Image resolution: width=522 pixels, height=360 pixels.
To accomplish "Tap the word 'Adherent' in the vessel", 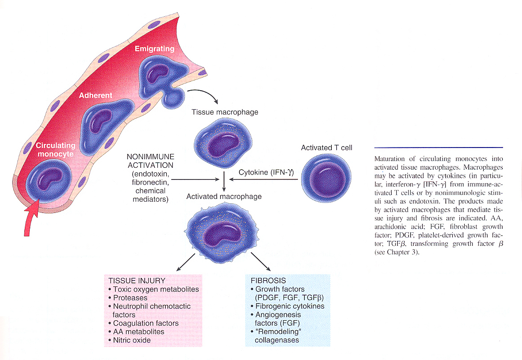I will [x=96, y=96].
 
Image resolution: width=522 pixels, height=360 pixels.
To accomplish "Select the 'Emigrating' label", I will [x=154, y=49].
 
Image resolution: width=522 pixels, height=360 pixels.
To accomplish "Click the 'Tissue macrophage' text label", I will [x=225, y=112].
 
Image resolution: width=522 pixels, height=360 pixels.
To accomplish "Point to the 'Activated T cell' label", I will [x=326, y=148].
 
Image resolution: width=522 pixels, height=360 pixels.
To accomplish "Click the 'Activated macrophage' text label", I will [x=224, y=196].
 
